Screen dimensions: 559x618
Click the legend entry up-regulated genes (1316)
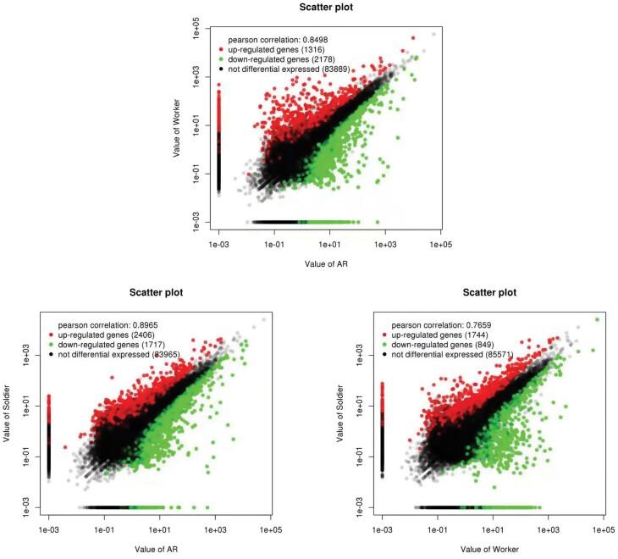279,50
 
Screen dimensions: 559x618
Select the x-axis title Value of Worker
493,548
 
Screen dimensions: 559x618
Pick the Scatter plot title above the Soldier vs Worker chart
493,294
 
